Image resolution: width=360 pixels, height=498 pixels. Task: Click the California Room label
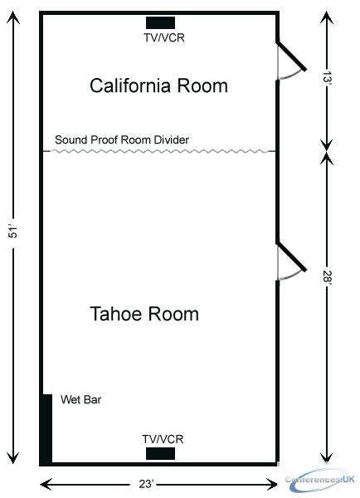pos(158,85)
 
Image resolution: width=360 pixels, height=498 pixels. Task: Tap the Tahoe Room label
pos(144,314)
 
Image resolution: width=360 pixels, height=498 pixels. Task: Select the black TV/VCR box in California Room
pos(160,23)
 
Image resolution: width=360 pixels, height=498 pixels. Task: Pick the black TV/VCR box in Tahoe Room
pos(160,453)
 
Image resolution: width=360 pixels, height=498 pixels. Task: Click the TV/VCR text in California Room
pos(164,38)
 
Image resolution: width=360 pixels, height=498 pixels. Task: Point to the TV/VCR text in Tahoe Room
pos(163,439)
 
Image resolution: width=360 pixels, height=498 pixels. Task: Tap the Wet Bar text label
pos(81,399)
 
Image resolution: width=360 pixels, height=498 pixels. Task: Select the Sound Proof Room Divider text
pos(122,139)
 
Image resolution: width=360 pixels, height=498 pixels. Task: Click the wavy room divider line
pos(159,151)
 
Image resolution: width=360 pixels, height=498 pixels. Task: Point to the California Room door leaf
pos(291,56)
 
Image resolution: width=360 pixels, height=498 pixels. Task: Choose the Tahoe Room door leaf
pos(291,256)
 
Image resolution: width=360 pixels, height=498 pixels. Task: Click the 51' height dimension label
pos(13,232)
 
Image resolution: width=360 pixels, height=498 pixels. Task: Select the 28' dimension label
pos(327,277)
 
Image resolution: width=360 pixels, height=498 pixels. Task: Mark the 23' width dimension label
pos(146,484)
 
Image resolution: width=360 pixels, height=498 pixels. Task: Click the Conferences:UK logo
pos(319,480)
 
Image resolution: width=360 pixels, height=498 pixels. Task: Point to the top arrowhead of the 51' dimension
pos(13,17)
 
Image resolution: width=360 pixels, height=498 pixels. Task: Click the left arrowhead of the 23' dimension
pos(46,485)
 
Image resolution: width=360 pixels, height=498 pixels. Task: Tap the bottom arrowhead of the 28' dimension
pos(327,457)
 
